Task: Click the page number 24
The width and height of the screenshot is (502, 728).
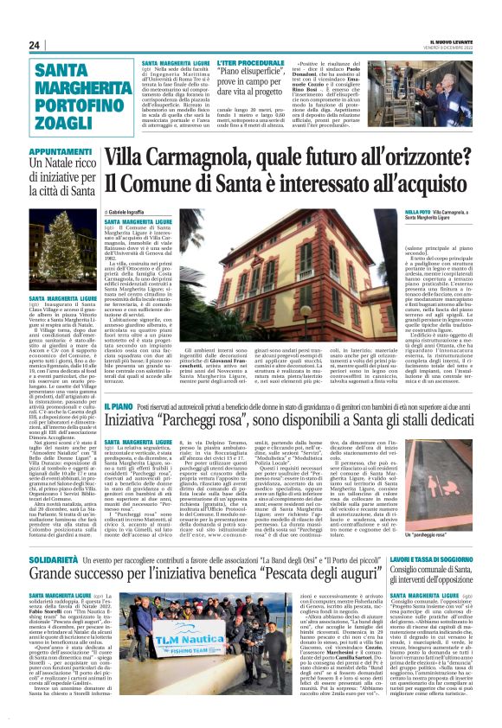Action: [x=35, y=45]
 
